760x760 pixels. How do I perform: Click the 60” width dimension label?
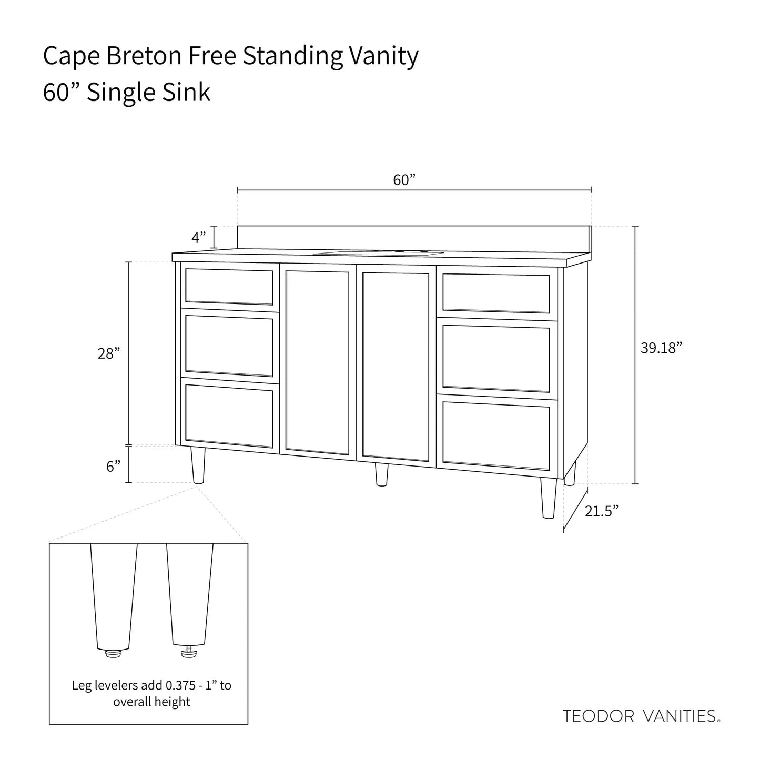click(x=404, y=180)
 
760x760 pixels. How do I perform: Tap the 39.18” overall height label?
click(x=661, y=348)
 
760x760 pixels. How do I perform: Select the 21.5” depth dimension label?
click(x=601, y=511)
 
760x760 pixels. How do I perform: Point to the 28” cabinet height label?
click(x=109, y=354)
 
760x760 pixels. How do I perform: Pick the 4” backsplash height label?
click(x=198, y=238)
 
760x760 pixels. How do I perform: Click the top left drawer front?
click(x=229, y=287)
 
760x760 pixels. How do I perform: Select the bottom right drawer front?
click(x=496, y=435)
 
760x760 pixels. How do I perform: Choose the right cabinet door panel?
click(x=396, y=366)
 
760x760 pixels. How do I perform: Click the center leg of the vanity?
click(x=381, y=474)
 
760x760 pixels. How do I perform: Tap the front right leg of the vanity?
click(x=548, y=498)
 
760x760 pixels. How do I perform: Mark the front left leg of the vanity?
click(x=198, y=465)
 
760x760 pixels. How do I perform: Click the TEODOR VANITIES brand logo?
click(x=641, y=716)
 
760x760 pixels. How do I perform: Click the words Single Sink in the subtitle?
click(x=148, y=93)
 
